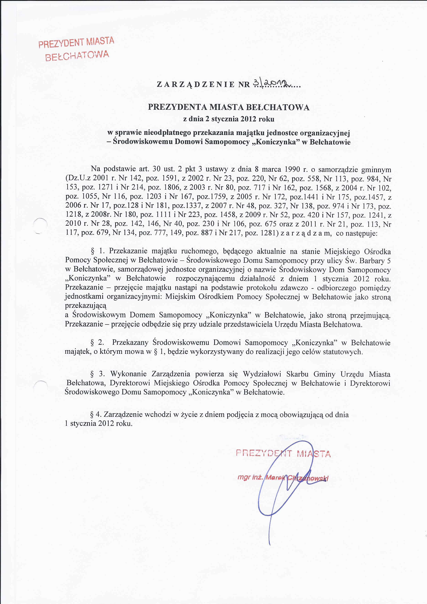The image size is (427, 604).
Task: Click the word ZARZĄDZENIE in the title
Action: point(195,84)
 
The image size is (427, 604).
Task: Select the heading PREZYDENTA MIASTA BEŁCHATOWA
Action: point(229,107)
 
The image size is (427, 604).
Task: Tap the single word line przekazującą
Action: point(86,306)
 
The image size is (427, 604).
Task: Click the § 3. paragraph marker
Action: point(97,374)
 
